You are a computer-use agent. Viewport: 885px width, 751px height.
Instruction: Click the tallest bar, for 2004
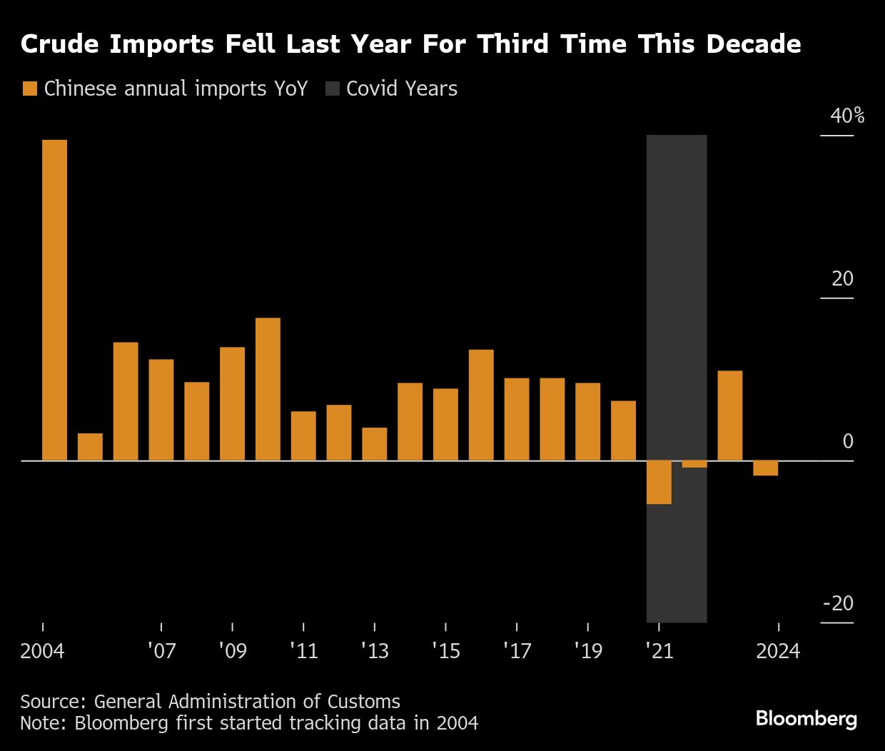[x=54, y=300]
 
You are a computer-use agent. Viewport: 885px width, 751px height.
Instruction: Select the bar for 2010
[x=268, y=389]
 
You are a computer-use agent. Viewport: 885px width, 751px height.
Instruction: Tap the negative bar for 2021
[x=659, y=483]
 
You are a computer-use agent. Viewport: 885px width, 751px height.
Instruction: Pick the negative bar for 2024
[x=765, y=468]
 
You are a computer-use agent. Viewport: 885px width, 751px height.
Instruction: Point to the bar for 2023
[x=729, y=415]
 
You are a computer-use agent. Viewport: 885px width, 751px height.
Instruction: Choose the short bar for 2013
[x=374, y=444]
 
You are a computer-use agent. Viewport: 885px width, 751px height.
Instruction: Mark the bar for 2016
[x=481, y=405]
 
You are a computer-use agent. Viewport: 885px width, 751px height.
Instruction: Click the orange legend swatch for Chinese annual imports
[x=29, y=89]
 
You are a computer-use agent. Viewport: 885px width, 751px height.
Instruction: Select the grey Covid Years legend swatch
[x=332, y=89]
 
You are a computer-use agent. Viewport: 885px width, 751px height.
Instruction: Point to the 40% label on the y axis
[x=846, y=116]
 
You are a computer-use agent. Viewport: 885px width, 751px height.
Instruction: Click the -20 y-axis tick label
[x=838, y=604]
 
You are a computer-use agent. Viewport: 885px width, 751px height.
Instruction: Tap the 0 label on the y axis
[x=848, y=441]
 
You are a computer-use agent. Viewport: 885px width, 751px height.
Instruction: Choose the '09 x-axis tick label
[x=233, y=651]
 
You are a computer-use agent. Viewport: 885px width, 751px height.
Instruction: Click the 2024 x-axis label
[x=778, y=651]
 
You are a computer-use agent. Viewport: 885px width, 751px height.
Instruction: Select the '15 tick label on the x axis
[x=446, y=651]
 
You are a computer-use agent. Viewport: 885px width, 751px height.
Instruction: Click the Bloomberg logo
[x=806, y=718]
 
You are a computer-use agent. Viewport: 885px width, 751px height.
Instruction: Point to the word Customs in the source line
[x=363, y=702]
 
